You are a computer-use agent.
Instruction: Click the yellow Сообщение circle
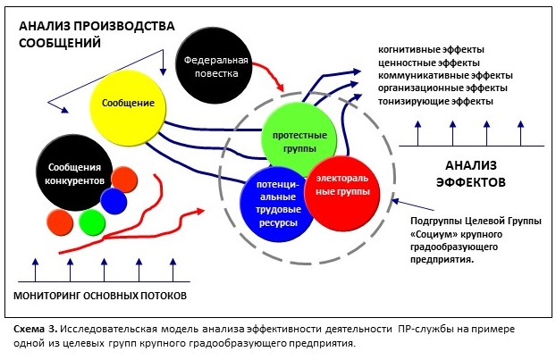[129, 103]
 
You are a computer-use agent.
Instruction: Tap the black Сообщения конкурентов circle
[73, 173]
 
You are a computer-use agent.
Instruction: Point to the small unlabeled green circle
[92, 221]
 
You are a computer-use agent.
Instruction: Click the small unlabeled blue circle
[114, 201]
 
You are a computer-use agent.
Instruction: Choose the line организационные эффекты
[443, 88]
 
